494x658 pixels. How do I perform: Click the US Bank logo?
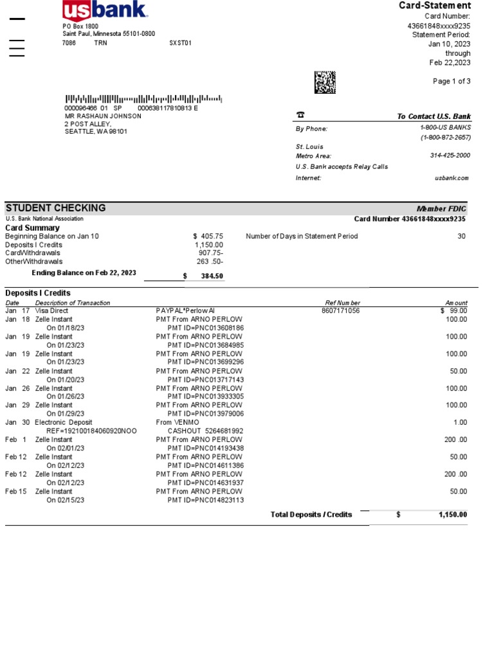105,10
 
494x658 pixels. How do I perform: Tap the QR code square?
325,82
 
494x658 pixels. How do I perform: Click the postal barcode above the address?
143,99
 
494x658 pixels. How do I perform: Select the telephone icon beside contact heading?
300,116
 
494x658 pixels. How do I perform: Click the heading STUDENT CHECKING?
56,208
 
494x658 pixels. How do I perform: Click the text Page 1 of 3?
452,81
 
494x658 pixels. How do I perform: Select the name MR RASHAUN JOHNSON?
103,116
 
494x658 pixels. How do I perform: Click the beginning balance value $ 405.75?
204,236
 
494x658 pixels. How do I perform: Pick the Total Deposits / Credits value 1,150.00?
453,515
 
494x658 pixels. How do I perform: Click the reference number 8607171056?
340,311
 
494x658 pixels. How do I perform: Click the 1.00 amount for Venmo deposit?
460,422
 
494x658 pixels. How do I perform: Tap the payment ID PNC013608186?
206,328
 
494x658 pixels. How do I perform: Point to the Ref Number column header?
343,303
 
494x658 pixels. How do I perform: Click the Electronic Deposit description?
64,422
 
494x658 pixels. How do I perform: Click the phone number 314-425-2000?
450,156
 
